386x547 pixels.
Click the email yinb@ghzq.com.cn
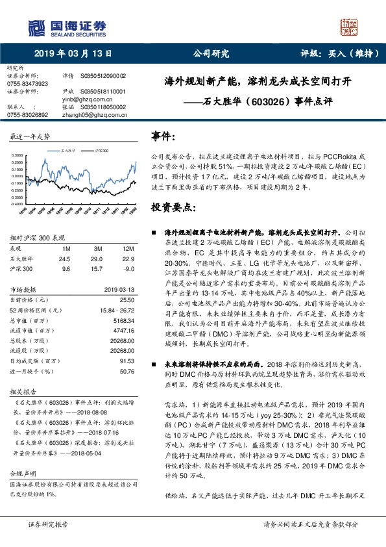coord(90,99)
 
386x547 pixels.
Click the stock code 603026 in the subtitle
coord(267,102)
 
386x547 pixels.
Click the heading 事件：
coord(163,137)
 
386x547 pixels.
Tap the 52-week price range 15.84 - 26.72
coord(115,310)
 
